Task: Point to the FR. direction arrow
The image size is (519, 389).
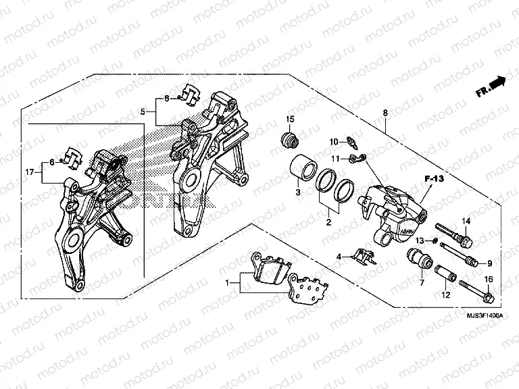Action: [491, 86]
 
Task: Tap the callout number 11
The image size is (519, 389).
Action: [334, 158]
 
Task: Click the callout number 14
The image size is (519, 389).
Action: [466, 222]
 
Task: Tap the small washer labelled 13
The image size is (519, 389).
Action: [435, 241]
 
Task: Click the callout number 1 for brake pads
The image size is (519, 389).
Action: [228, 282]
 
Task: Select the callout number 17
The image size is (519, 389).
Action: [29, 173]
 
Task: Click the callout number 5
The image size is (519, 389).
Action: [143, 111]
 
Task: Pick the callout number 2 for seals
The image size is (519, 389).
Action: [328, 221]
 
